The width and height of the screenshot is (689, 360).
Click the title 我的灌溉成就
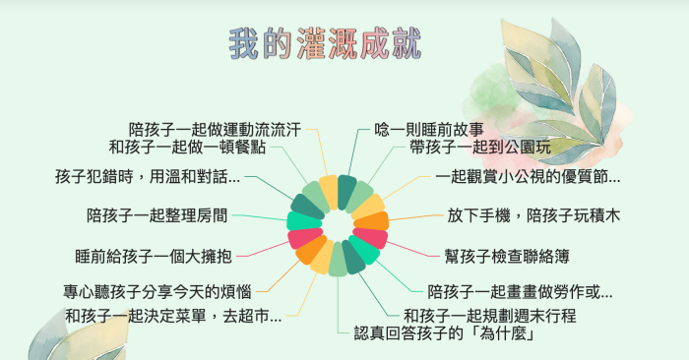pyautogui.click(x=325, y=43)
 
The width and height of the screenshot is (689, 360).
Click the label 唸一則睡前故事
pyautogui.click(x=429, y=129)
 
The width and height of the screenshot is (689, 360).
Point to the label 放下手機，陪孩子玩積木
pyautogui.click(x=533, y=213)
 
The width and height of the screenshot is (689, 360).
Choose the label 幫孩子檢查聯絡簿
pyautogui.click(x=508, y=255)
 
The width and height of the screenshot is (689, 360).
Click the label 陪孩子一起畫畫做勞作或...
pyautogui.click(x=520, y=292)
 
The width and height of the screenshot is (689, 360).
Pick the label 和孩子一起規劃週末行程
pyautogui.click(x=489, y=316)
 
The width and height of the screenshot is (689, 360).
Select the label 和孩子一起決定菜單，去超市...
pyautogui.click(x=173, y=316)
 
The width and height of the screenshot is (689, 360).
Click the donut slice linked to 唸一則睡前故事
pyautogui.click(x=345, y=191)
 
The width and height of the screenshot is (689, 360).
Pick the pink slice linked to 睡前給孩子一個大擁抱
pyautogui.click(x=301, y=237)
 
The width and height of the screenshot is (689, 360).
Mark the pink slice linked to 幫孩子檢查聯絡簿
pyautogui.click(x=372, y=238)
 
